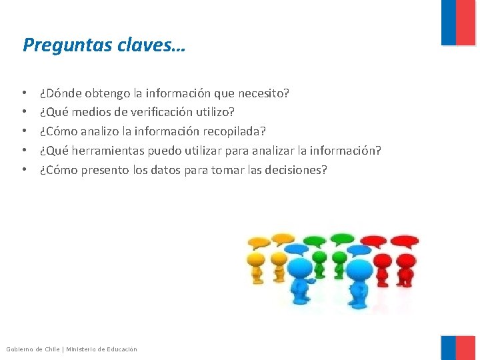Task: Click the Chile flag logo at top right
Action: point(459,23)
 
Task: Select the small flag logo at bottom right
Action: point(459,347)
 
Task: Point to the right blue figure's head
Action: point(360,271)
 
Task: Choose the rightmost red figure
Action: point(403,267)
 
